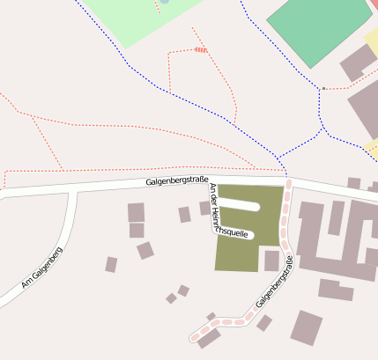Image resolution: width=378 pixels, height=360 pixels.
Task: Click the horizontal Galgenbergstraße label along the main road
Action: (177, 181)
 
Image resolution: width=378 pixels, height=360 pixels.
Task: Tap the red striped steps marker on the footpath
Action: (201, 50)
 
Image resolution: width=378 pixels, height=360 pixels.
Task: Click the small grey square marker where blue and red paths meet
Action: (323, 88)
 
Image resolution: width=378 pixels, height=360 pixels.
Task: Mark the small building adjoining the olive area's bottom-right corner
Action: (271, 261)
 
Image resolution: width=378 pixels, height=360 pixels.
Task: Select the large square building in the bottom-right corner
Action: (307, 327)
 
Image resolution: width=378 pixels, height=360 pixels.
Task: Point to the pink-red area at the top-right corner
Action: (374, 4)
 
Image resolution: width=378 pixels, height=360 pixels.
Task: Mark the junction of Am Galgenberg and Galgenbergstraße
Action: (72, 189)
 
